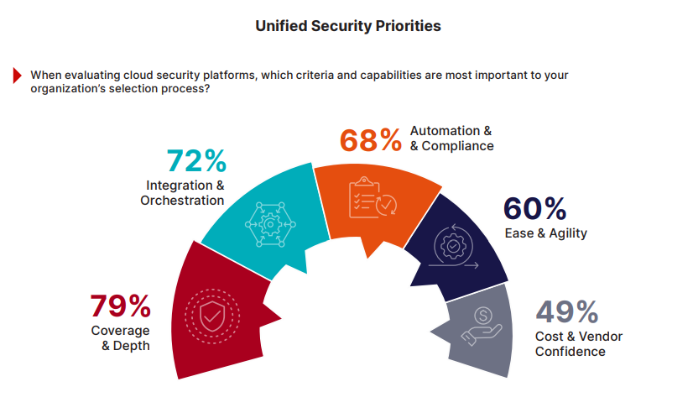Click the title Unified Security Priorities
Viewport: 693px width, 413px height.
pyautogui.click(x=347, y=26)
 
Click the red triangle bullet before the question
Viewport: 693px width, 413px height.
pyautogui.click(x=17, y=75)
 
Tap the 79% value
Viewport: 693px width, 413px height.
pyautogui.click(x=119, y=306)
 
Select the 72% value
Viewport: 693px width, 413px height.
pyautogui.click(x=195, y=159)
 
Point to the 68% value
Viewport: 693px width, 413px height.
pyautogui.click(x=369, y=139)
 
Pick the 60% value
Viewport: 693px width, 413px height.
pyautogui.click(x=534, y=209)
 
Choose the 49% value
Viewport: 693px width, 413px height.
pyautogui.click(x=567, y=312)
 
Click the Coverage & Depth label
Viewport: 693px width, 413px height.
pyautogui.click(x=121, y=337)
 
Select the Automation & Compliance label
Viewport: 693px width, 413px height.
pyautogui.click(x=451, y=139)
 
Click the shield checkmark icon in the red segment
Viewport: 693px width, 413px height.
pyautogui.click(x=211, y=316)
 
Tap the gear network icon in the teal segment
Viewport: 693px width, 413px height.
pyautogui.click(x=269, y=223)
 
